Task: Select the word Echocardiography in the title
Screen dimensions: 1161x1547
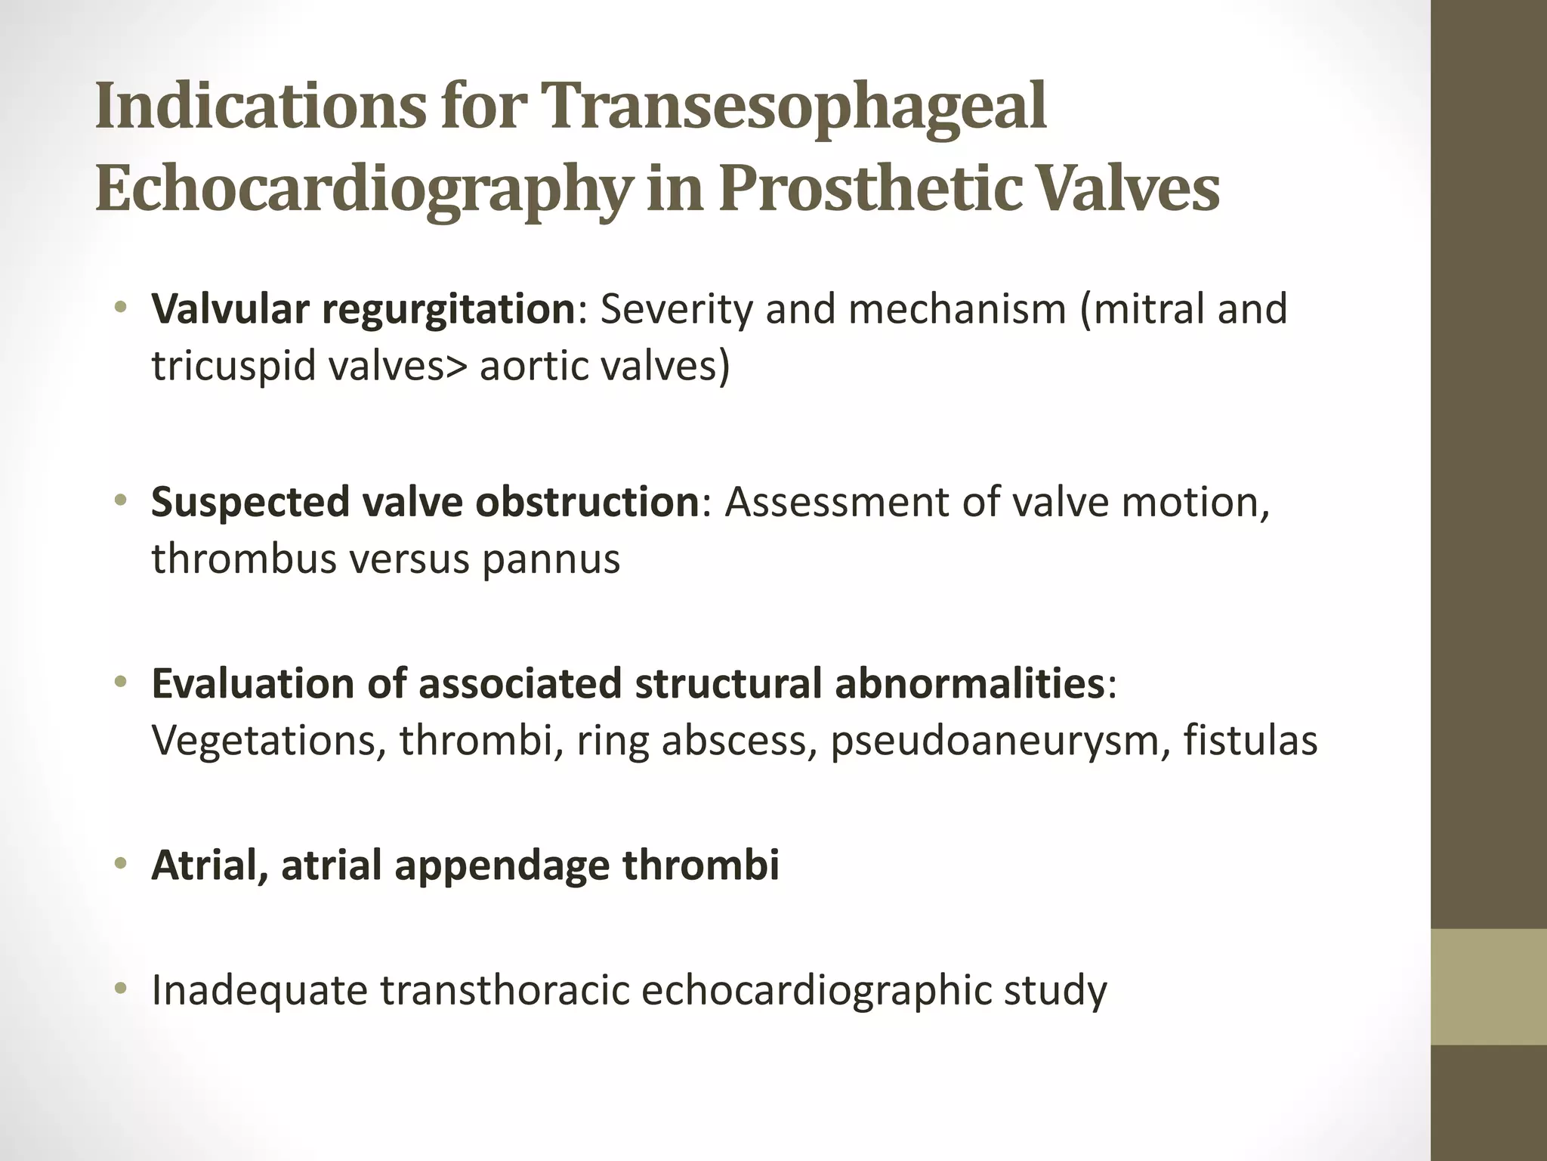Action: coord(361,189)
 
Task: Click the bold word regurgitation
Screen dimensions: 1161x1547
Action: coord(449,310)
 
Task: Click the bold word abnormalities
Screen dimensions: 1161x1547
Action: coord(968,684)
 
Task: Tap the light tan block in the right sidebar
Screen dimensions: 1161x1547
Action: coord(1489,986)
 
